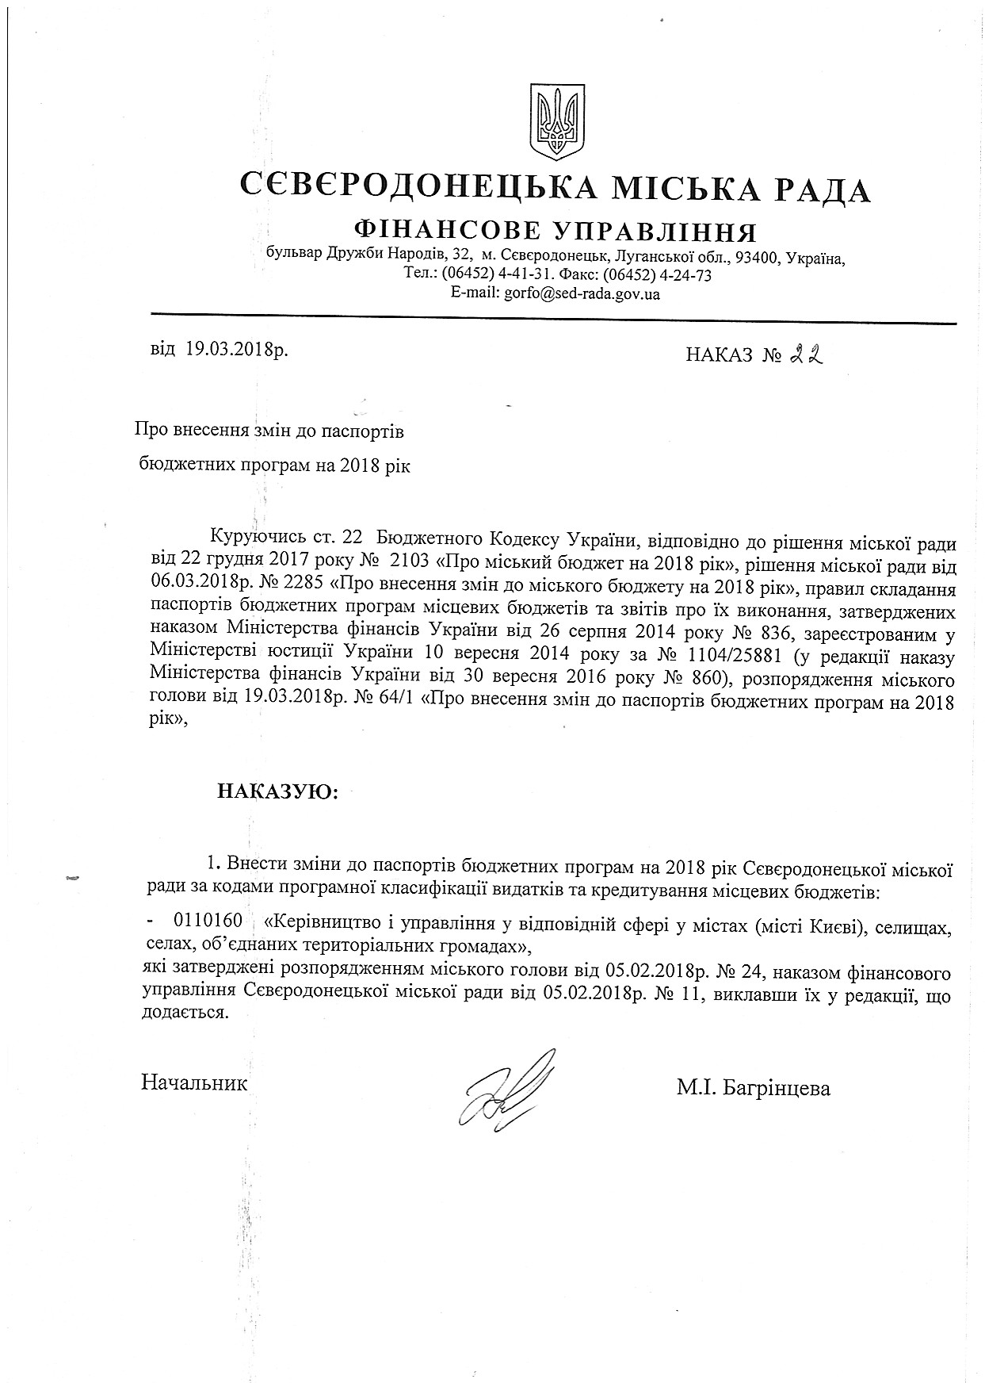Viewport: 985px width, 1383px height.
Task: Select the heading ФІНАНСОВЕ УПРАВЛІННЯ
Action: click(557, 232)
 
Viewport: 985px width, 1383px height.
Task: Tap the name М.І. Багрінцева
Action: click(753, 1088)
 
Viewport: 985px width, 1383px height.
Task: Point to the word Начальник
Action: click(194, 1082)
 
